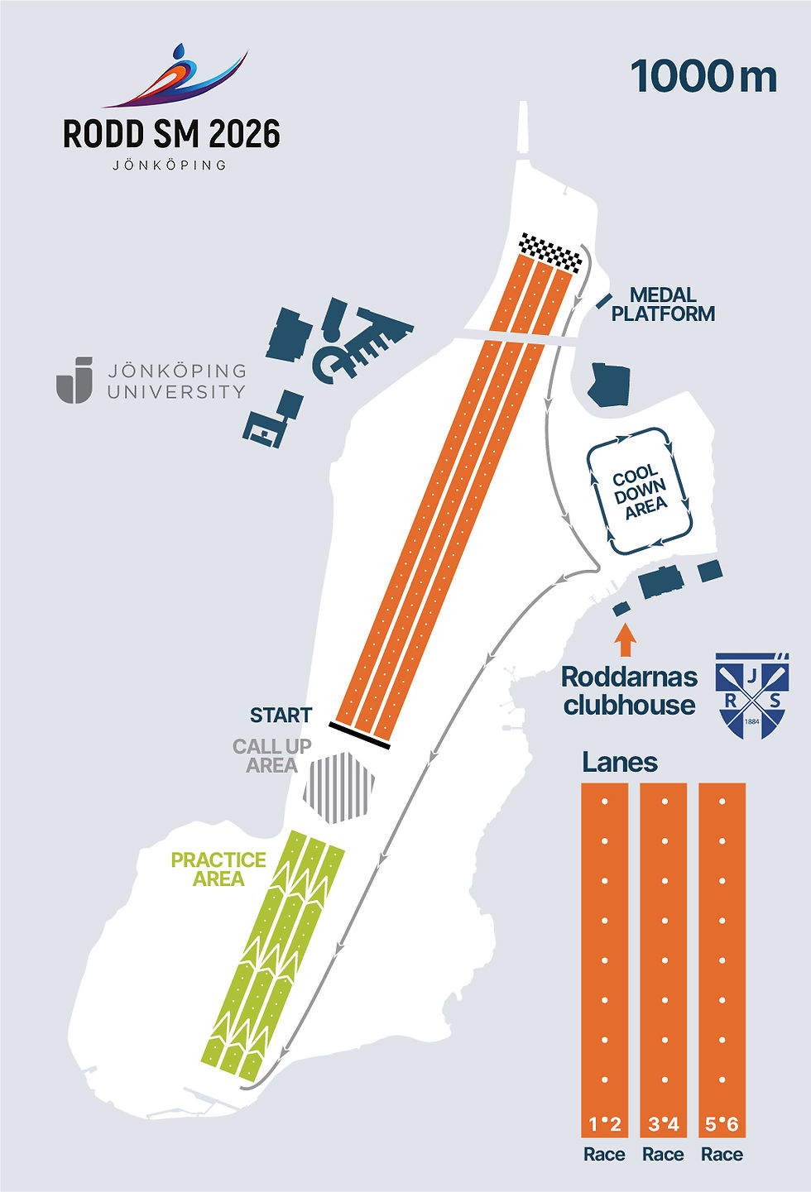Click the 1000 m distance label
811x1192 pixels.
coord(703,77)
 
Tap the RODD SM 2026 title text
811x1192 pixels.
coord(171,133)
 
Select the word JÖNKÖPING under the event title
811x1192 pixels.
coord(170,165)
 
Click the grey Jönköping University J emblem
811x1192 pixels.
coord(74,380)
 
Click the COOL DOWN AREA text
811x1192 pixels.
coord(640,491)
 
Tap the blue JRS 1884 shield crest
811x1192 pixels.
coord(752,695)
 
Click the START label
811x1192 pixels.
coord(281,716)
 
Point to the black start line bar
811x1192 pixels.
coord(359,735)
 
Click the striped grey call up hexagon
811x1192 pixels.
coord(339,787)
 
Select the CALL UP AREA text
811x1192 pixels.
coord(271,755)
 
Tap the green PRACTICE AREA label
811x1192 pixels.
coord(218,869)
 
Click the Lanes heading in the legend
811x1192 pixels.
coord(620,763)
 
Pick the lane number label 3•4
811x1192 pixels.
coord(664,1124)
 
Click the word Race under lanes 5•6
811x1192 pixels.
coord(722,1154)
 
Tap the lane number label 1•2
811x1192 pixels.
coord(605,1124)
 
